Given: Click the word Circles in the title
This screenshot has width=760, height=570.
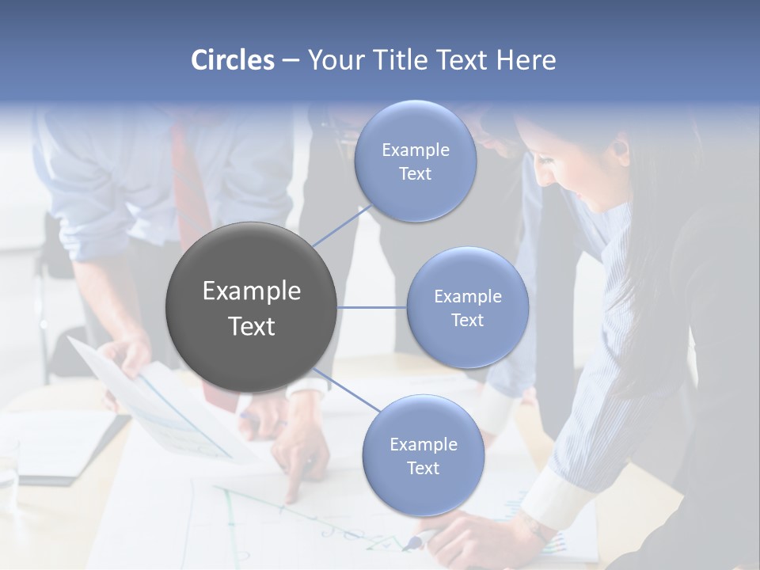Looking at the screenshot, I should tap(232, 60).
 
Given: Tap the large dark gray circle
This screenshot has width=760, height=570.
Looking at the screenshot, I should tap(251, 307).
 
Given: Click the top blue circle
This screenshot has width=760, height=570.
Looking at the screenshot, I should tap(415, 161).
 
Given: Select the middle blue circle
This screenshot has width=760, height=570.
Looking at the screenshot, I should tap(467, 307).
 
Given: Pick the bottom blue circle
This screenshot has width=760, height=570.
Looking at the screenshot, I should tap(423, 455).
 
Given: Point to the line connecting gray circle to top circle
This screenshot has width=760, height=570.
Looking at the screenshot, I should tap(342, 224).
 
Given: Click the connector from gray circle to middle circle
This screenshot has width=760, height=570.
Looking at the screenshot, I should tap(371, 307).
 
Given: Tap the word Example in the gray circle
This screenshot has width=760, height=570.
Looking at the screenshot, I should tap(251, 291).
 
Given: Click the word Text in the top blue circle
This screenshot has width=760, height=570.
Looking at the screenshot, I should tap(415, 174).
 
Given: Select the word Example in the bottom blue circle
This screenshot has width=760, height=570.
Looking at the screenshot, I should tap(423, 444).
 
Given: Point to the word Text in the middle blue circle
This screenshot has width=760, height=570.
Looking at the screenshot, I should tap(467, 320).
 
